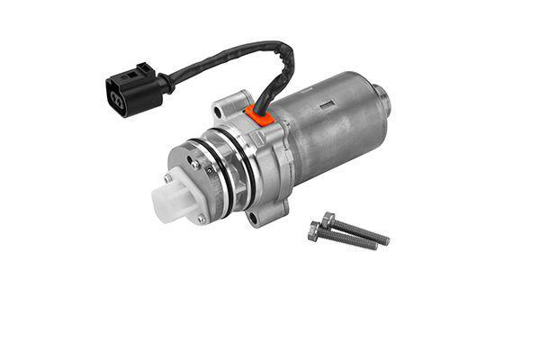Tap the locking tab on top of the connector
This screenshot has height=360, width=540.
tap(141, 69)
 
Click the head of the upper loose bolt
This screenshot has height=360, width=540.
tap(328, 219)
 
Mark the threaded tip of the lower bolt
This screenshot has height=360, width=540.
tap(373, 246)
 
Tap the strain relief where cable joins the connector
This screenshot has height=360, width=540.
tap(167, 83)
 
